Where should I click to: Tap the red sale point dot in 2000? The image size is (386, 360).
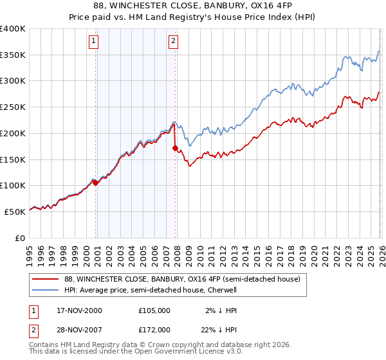96,183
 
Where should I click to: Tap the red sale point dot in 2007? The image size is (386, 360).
175,148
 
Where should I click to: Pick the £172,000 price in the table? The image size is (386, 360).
154,329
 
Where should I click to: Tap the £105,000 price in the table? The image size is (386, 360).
154,310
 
